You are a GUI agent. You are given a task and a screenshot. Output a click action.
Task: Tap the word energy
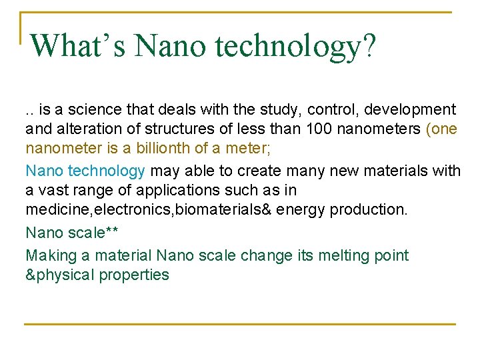pos(299,209)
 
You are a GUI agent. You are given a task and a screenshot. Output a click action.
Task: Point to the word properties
pos(134,275)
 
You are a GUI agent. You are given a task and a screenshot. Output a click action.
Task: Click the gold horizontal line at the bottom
pos(240,324)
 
